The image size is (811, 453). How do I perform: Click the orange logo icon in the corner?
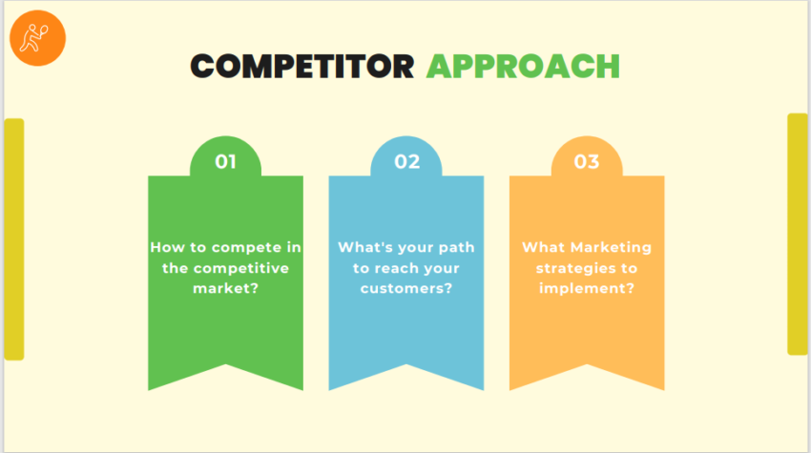pyautogui.click(x=38, y=39)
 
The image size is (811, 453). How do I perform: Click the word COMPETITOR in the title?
pyautogui.click(x=302, y=66)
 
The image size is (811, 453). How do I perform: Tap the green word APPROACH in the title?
pyautogui.click(x=523, y=66)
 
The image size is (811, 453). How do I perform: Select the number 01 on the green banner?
pyautogui.click(x=225, y=161)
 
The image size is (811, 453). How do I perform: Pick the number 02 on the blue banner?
pyautogui.click(x=406, y=161)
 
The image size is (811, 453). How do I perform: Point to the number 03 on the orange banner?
pyautogui.click(x=587, y=161)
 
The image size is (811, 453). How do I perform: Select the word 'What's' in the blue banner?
pyautogui.click(x=363, y=247)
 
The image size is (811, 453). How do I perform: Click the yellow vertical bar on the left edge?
pyautogui.click(x=14, y=238)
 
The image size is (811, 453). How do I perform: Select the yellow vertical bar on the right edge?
pyautogui.click(x=797, y=234)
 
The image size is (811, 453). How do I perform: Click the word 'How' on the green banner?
pyautogui.click(x=166, y=247)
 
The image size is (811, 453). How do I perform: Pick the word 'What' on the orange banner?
pyautogui.click(x=542, y=247)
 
